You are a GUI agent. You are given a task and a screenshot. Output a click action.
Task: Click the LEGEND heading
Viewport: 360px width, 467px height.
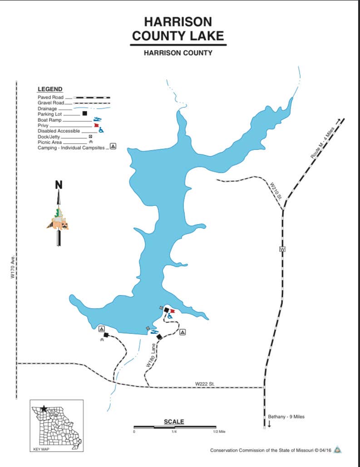coord(50,89)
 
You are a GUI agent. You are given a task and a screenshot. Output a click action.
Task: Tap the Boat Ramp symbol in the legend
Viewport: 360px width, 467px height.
coord(97,119)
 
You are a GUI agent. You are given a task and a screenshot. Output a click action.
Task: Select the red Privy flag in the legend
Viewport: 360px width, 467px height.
coord(96,125)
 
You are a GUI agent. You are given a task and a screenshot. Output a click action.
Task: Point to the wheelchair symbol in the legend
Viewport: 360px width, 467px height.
coord(101,130)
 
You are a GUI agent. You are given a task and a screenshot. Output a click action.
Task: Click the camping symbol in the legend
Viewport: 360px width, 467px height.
coord(113,146)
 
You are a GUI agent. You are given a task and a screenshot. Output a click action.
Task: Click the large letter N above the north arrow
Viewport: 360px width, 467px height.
coord(59,185)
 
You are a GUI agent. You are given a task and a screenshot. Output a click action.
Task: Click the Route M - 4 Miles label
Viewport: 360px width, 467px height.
coord(323,143)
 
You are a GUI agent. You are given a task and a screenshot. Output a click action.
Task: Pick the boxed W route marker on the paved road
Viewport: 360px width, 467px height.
coord(282,249)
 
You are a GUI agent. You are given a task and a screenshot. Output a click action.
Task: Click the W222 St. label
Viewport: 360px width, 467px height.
coord(205,384)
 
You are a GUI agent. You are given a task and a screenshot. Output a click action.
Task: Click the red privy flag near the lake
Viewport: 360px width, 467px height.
coord(172,311)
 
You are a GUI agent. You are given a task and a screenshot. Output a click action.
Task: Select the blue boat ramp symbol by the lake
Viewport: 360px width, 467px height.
coord(154,332)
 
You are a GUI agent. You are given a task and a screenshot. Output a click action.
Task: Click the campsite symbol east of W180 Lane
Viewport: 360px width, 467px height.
coord(182,332)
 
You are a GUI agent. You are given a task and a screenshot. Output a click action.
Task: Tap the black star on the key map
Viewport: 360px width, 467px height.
coord(44,408)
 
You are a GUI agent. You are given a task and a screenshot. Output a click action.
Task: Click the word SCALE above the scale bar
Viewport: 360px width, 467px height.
coord(174,422)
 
